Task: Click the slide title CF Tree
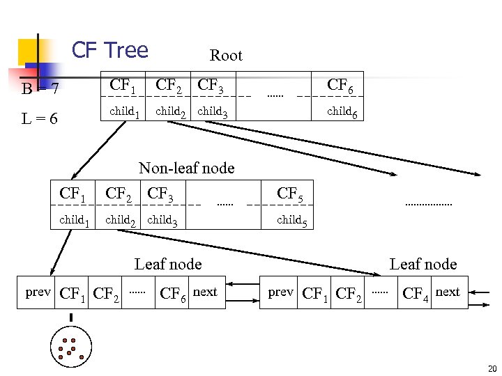(x=110, y=50)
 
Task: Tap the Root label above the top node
(x=226, y=56)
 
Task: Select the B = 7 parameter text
(x=40, y=89)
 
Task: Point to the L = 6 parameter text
(x=39, y=119)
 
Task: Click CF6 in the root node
(x=340, y=86)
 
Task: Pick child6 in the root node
(x=342, y=111)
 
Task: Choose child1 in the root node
(x=125, y=111)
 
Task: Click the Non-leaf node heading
(x=186, y=168)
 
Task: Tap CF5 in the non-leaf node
(x=290, y=194)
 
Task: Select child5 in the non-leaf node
(x=291, y=221)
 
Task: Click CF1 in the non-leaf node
(x=73, y=194)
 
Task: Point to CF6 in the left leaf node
(x=173, y=293)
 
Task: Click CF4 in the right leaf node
(x=416, y=293)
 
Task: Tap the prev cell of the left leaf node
(x=38, y=292)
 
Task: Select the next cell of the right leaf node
(x=448, y=292)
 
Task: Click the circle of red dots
(x=70, y=349)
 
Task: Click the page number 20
(x=492, y=369)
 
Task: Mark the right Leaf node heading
(x=423, y=264)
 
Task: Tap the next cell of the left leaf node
(x=205, y=292)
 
